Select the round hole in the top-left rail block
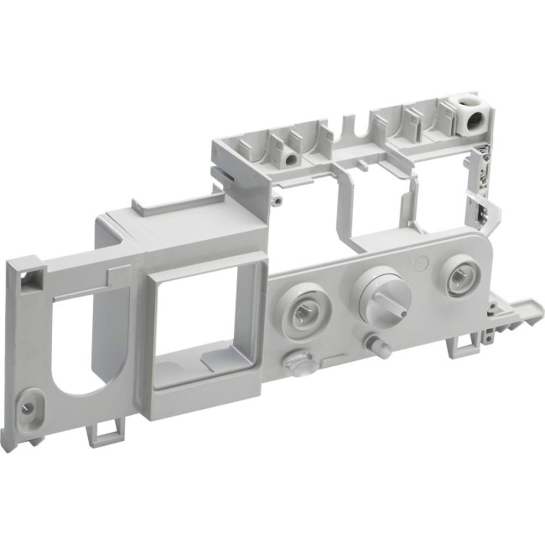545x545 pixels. pyautogui.click(x=291, y=159)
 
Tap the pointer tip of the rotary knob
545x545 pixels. pyautogui.click(x=400, y=314)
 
